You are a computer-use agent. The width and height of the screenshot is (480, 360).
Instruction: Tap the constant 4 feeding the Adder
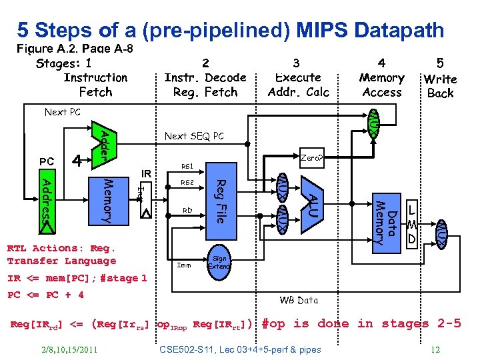[x=78, y=161]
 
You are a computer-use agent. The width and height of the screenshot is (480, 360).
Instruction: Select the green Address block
[x=47, y=203]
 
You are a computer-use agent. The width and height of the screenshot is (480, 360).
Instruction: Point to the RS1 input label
[x=188, y=167]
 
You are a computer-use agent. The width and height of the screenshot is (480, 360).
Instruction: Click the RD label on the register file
[x=188, y=210]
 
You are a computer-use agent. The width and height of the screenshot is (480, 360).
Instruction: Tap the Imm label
[x=184, y=265]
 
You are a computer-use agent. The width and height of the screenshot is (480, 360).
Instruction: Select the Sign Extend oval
[x=219, y=261]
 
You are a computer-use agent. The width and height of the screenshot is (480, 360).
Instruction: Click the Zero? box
[x=311, y=159]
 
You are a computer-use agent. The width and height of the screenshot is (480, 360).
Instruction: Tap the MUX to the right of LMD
[x=441, y=235]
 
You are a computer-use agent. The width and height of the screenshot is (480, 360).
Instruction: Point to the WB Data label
[x=299, y=300]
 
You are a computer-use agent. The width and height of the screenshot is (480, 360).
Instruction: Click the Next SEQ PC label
[x=194, y=136]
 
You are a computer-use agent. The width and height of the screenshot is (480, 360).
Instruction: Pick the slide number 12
[x=436, y=349]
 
